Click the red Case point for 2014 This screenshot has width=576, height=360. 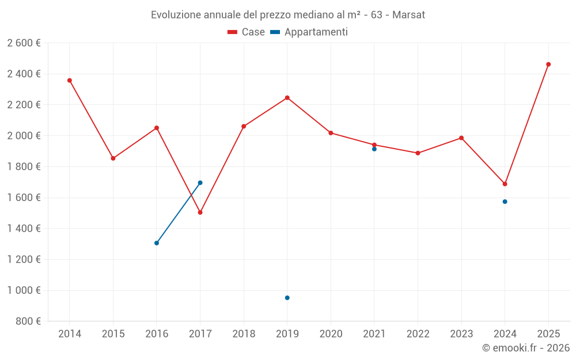[x=70, y=81]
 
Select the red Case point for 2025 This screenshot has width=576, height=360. [x=548, y=65]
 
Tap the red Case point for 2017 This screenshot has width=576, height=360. [x=200, y=213]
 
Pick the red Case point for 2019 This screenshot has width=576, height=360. [x=287, y=98]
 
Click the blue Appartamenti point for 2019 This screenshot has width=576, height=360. [x=287, y=298]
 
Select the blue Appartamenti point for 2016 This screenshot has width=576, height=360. [x=157, y=243]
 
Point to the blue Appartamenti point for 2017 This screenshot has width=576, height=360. [x=200, y=183]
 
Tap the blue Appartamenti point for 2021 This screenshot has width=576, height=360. [x=374, y=149]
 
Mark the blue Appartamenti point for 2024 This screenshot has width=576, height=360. [x=505, y=202]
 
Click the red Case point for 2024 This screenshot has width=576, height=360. [x=505, y=184]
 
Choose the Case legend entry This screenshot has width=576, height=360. [x=247, y=32]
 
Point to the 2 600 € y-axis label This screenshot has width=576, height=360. [x=24, y=43]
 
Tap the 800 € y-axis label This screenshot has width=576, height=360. [x=27, y=321]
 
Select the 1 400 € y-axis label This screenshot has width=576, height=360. [x=24, y=229]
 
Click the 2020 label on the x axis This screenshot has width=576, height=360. [x=331, y=334]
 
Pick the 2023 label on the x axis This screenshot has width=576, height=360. [x=461, y=334]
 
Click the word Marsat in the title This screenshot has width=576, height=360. [x=408, y=15]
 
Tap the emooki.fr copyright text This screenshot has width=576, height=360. [x=525, y=348]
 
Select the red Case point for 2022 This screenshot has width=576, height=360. [x=418, y=153]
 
